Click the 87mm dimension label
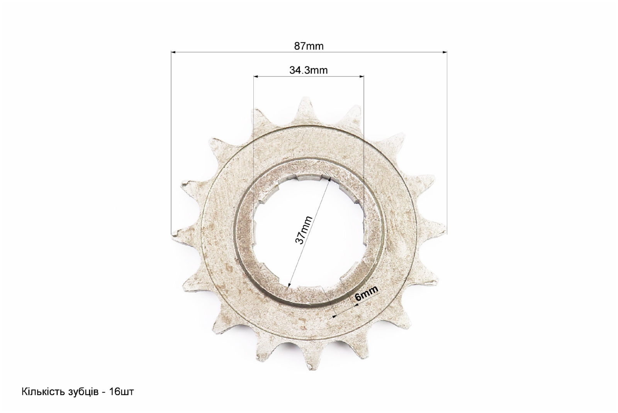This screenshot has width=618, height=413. click(309, 46)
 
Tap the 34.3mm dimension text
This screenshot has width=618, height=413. click(309, 70)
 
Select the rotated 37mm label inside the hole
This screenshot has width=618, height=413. click(304, 230)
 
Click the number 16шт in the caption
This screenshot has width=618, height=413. click(121, 392)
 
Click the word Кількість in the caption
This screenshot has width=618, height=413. click(43, 392)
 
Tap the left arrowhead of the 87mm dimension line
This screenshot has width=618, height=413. click(173, 52)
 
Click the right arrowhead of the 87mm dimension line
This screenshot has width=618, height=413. click(444, 52)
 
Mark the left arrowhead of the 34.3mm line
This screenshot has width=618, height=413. click(256, 76)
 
